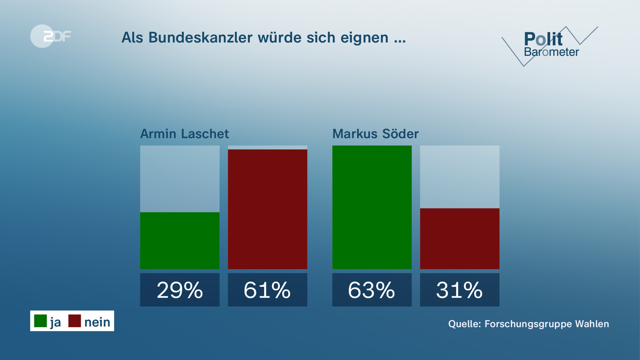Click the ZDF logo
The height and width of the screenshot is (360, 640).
click(x=51, y=36)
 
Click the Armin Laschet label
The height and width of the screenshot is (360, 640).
click(x=184, y=134)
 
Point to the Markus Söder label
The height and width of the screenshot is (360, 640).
click(x=375, y=134)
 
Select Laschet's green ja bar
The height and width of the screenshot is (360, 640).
click(x=180, y=240)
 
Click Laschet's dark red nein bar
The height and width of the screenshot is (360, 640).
click(x=267, y=209)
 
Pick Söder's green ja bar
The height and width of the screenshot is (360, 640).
click(x=372, y=207)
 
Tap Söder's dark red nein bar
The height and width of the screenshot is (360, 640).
click(x=459, y=238)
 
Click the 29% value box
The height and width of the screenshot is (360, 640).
click(x=180, y=290)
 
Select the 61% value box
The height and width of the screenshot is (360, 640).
click(x=267, y=290)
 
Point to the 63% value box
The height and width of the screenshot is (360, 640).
click(x=372, y=290)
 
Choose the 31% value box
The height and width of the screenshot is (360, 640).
click(x=459, y=290)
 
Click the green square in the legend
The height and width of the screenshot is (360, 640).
click(x=40, y=321)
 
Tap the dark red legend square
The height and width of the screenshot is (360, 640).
click(x=75, y=321)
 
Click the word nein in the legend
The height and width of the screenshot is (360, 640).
click(x=97, y=322)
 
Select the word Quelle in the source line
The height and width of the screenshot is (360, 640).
click(x=464, y=324)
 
